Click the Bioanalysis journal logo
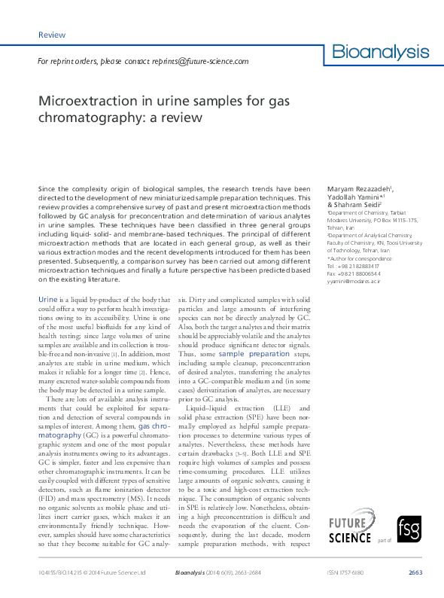pyautogui.click(x=380, y=52)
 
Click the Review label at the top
pyautogui.click(x=51, y=35)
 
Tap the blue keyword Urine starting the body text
pyautogui.click(x=47, y=301)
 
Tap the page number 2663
pyautogui.click(x=415, y=572)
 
